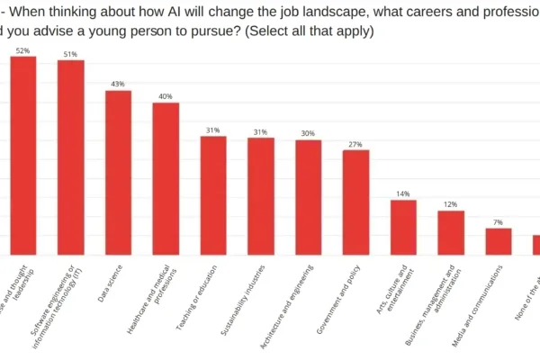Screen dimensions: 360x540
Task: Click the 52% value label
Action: (x=22, y=51)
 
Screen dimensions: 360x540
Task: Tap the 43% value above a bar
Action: (x=118, y=85)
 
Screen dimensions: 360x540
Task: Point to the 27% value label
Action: (x=356, y=144)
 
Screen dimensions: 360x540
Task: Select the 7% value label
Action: (x=499, y=222)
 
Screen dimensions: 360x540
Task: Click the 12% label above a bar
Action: (x=451, y=205)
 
